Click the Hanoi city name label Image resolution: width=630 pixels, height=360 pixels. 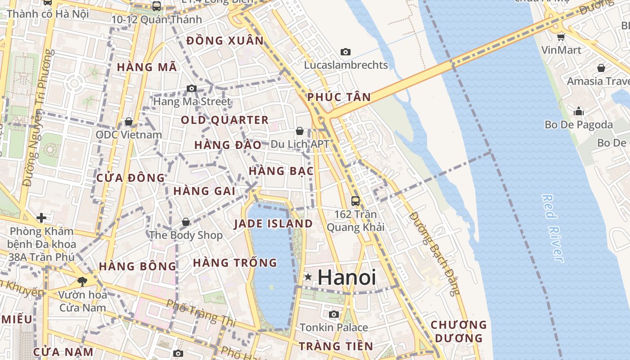click(x=346, y=277)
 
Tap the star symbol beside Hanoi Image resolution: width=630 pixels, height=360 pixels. click(x=308, y=277)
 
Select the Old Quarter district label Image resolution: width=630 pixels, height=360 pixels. click(x=225, y=120)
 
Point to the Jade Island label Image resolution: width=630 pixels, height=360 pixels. click(x=273, y=224)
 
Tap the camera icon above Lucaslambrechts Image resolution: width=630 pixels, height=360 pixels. click(x=346, y=52)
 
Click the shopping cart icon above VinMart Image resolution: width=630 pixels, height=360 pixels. click(x=561, y=37)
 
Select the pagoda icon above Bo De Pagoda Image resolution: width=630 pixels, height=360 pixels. click(x=579, y=111)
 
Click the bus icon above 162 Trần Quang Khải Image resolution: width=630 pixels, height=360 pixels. click(x=355, y=201)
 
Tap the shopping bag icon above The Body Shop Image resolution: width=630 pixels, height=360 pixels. click(x=186, y=222)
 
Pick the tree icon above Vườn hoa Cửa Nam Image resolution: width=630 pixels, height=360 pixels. click(x=82, y=282)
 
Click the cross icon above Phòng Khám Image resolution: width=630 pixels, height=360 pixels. click(x=41, y=218)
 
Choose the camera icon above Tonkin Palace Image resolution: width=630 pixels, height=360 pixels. click(x=333, y=314)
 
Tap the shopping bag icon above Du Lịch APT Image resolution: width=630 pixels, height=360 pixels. click(x=300, y=131)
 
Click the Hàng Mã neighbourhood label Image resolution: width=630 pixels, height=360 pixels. click(x=147, y=67)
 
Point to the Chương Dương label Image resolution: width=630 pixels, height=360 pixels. click(x=459, y=331)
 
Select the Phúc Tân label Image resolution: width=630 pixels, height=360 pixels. click(x=339, y=97)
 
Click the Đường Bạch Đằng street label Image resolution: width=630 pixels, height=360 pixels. click(x=435, y=254)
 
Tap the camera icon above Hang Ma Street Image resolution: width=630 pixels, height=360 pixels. click(x=192, y=88)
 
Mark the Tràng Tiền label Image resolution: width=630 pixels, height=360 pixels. click(x=336, y=346)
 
